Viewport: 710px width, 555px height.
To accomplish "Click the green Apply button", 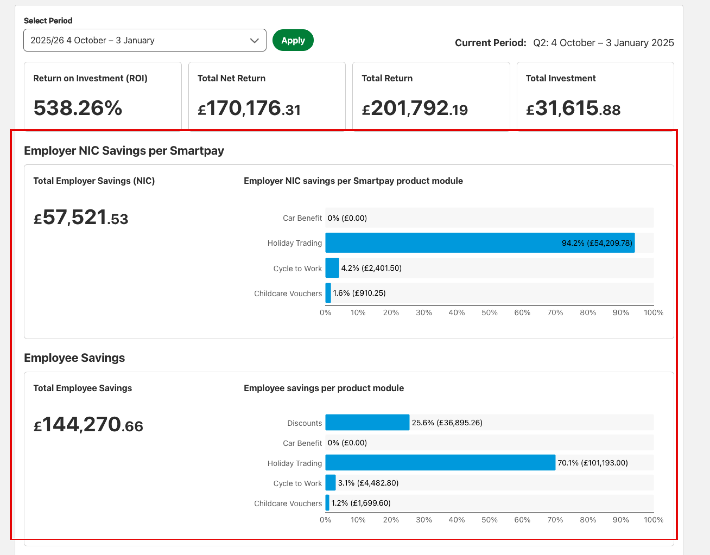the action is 293,40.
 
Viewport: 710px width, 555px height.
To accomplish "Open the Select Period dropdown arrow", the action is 254,41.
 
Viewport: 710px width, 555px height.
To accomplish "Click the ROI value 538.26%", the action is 78,108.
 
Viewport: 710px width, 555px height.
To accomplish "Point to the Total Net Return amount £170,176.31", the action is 249,108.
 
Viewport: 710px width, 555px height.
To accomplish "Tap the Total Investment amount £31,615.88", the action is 573,108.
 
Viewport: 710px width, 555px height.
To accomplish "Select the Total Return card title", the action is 387,78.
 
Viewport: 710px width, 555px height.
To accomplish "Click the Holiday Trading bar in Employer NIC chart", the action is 480,243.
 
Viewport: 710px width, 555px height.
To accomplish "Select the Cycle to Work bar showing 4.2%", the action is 332,268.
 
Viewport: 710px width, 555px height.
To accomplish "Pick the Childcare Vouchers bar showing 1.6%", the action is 328,293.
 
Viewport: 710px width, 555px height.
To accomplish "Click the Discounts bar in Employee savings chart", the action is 367,422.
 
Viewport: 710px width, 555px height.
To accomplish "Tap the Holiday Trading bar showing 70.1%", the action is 440,462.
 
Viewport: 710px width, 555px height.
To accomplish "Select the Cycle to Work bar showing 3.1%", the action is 331,483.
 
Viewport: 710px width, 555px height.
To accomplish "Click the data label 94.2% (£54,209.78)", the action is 597,243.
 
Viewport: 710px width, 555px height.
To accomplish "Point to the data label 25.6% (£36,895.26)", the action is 447,422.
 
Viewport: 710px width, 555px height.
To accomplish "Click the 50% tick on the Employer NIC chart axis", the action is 489,312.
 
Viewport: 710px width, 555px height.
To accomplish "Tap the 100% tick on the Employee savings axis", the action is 654,520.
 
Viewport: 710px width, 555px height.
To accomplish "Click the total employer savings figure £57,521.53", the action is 81,217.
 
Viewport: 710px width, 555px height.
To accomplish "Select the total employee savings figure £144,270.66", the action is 88,424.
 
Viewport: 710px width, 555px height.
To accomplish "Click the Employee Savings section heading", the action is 74,358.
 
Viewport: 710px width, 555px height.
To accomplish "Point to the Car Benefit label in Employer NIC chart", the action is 302,218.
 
